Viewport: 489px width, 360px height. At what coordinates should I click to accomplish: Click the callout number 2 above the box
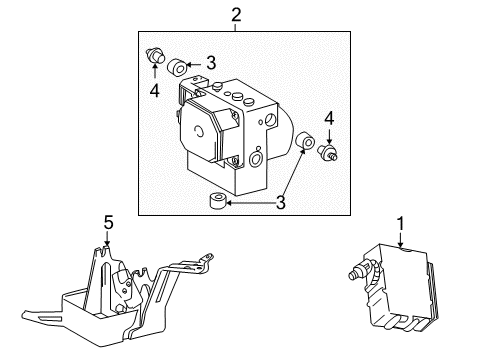coord(236,15)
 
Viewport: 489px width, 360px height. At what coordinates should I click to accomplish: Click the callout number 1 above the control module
coord(400,224)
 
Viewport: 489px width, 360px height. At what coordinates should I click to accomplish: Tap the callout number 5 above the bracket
coord(108,223)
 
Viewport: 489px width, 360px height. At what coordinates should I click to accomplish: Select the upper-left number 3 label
coord(211,63)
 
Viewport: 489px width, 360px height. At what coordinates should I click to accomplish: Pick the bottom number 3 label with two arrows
coord(281,202)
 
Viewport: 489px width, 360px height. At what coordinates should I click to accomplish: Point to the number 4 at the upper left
coord(154,91)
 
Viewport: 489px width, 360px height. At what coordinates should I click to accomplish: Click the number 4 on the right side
coord(329,119)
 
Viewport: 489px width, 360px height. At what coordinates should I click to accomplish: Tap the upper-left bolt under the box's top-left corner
coord(155,55)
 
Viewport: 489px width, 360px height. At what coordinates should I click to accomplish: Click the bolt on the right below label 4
coord(327,152)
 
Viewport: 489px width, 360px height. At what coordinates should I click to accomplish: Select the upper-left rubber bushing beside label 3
coord(177,67)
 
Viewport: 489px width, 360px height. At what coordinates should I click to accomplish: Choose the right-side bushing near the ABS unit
coord(305,140)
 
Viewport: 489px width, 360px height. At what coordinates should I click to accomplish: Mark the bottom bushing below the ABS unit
coord(218,200)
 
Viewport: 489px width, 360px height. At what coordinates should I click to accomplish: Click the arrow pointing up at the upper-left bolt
coord(155,70)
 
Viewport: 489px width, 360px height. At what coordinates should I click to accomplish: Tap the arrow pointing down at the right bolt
coord(329,136)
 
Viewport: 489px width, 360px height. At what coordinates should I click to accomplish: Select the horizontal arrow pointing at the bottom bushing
coord(251,203)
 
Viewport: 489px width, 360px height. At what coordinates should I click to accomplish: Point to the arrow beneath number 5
coord(107,239)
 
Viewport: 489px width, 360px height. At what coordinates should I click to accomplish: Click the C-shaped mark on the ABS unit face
coord(199,131)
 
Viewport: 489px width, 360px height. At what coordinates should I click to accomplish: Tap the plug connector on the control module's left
coord(360,270)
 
